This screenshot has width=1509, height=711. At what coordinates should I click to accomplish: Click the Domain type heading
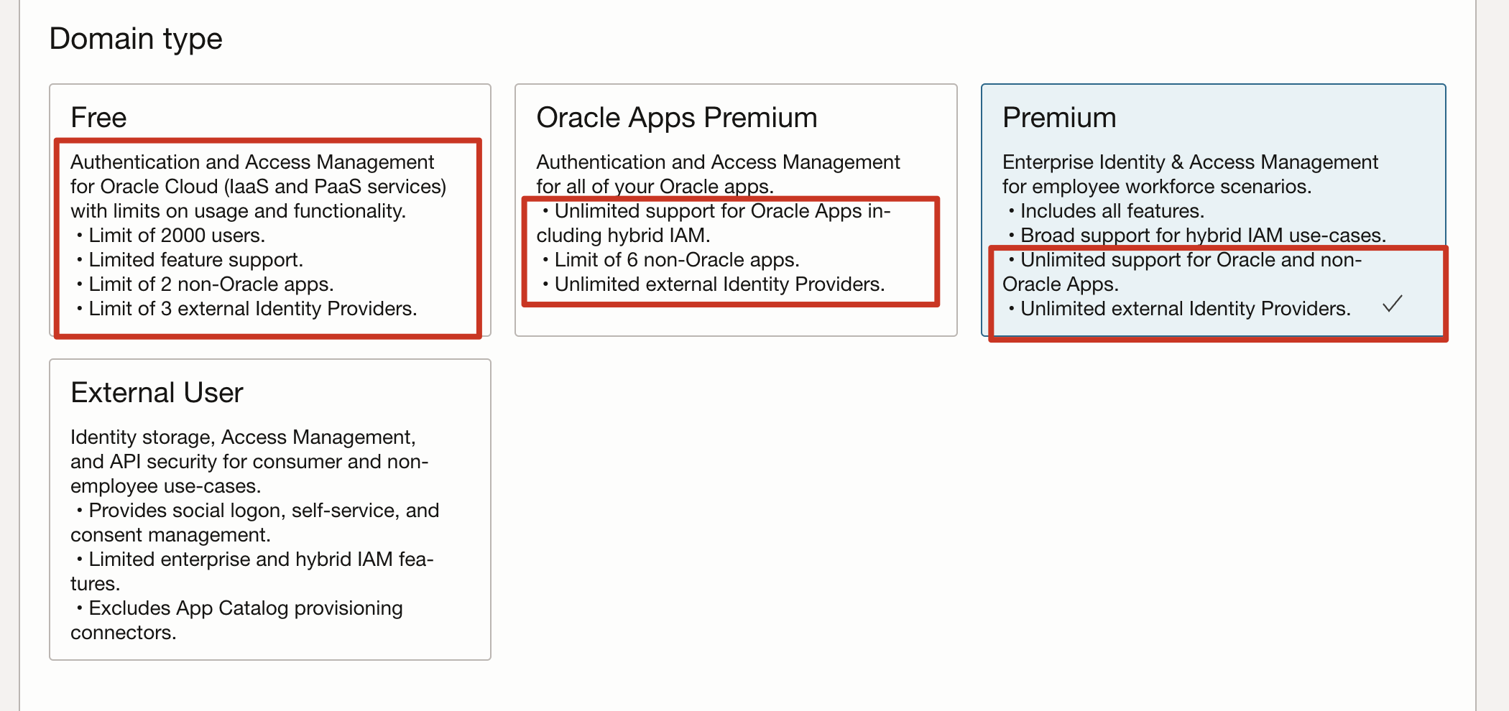point(136,39)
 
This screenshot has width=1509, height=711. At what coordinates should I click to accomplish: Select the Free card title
point(98,118)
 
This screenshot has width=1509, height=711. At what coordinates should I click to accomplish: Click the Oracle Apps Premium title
point(676,118)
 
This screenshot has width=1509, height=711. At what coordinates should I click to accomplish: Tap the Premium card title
point(1058,118)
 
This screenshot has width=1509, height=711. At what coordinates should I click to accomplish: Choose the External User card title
point(157,393)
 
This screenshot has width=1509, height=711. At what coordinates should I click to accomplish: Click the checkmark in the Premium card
point(1392,304)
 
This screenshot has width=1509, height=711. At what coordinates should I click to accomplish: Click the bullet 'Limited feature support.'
point(195,260)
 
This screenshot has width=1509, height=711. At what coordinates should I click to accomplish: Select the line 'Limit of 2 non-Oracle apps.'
point(211,284)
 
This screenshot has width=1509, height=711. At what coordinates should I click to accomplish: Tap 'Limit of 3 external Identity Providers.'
point(252,309)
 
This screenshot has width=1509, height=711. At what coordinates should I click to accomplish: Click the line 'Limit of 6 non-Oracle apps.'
point(676,260)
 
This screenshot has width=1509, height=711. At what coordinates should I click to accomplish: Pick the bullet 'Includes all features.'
point(1112,211)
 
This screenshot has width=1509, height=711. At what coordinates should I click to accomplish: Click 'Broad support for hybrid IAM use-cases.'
point(1203,236)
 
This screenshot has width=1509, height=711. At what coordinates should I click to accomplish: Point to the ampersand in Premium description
point(1177,162)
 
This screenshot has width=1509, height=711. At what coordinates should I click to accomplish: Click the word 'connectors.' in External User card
point(123,633)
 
